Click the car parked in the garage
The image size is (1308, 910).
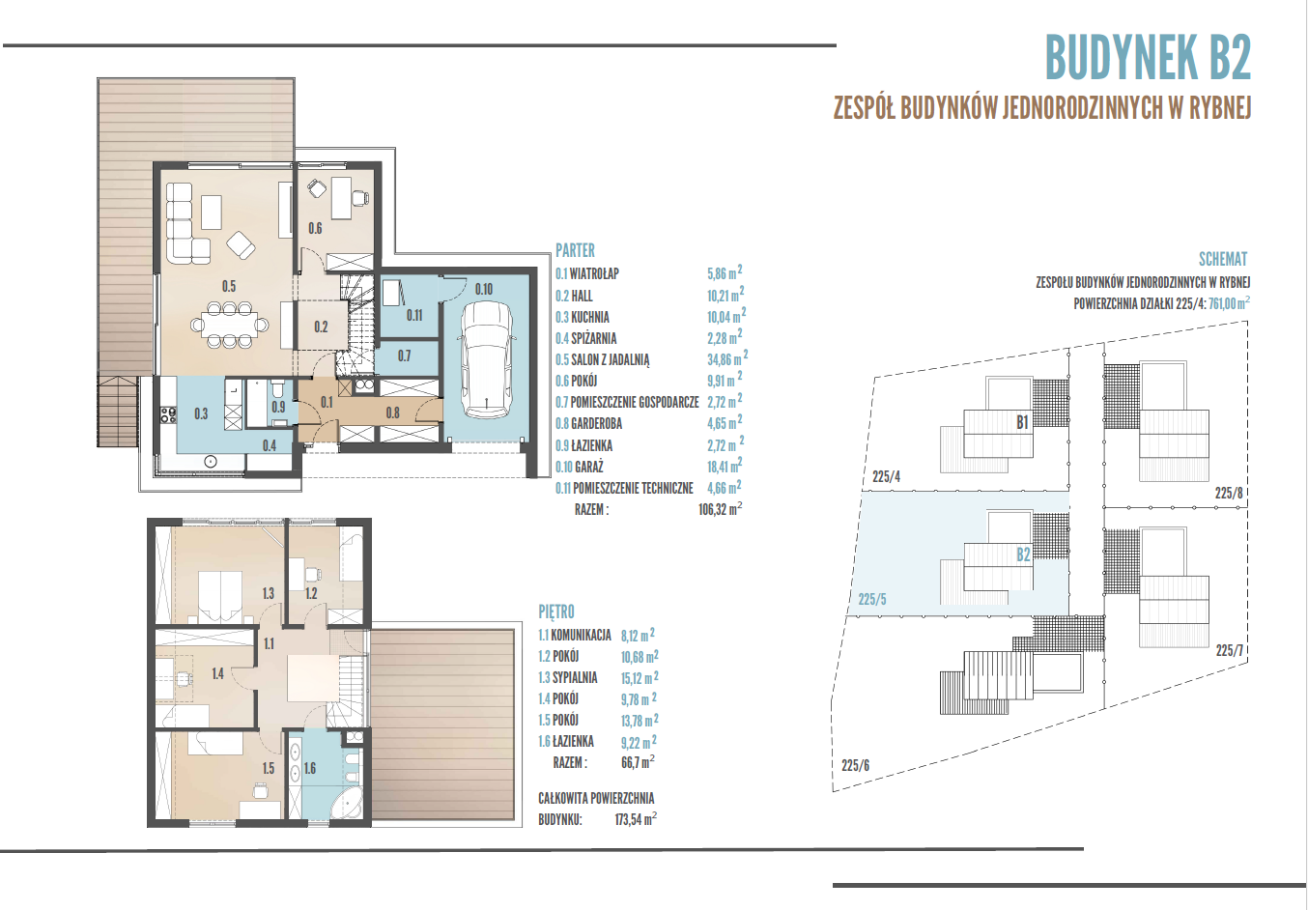point(486,359)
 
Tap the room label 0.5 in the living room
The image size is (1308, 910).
point(229,286)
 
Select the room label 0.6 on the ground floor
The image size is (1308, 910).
point(315,228)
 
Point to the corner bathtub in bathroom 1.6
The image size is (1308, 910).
point(347,802)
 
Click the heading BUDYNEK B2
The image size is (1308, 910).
point(1148,57)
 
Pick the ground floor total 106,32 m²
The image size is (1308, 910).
point(720,509)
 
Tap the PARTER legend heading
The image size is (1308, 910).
point(575,250)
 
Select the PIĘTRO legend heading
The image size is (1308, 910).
point(556,611)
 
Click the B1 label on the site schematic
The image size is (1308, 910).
point(1022,422)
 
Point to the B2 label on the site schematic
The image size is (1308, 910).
point(1024,555)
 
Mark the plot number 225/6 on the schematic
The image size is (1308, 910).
point(856,765)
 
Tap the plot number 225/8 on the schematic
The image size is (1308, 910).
point(1229,493)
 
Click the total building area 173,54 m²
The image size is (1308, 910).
point(636,819)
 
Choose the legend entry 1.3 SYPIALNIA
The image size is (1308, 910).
point(568,677)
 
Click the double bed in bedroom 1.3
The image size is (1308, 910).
point(220,596)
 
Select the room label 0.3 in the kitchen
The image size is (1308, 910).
point(201,414)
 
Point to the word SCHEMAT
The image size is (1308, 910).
point(1223,259)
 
